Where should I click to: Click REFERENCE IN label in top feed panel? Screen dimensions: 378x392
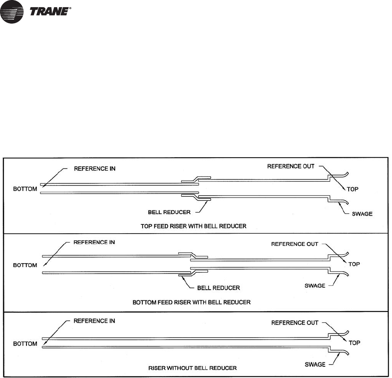[x=95, y=169]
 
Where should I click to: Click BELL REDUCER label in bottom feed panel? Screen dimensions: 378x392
[x=218, y=288]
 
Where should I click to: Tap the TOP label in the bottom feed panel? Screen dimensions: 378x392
[x=354, y=264]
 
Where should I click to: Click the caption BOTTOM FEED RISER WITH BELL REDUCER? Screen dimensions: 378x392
[x=192, y=302]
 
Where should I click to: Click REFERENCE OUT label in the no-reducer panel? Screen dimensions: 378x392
[x=295, y=323]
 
